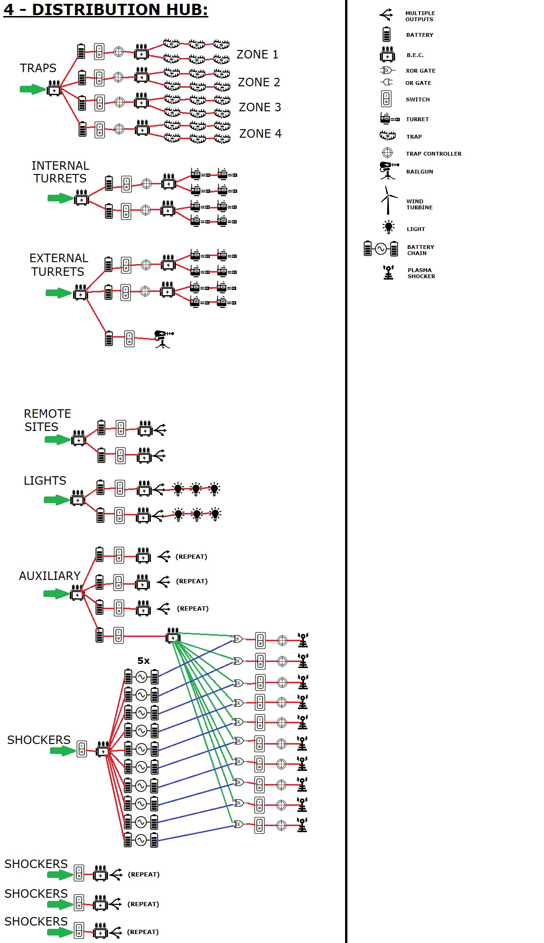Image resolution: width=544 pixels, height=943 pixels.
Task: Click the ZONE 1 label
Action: tap(257, 55)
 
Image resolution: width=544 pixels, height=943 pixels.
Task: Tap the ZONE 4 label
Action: tap(260, 134)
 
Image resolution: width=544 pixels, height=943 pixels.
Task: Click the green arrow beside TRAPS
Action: tap(33, 89)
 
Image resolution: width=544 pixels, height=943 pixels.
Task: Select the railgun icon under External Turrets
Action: tap(163, 339)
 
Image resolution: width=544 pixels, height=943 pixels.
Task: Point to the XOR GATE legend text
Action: tap(420, 71)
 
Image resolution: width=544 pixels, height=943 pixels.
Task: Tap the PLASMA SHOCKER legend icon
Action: tap(388, 273)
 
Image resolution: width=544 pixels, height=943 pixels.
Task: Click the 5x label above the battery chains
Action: tap(143, 661)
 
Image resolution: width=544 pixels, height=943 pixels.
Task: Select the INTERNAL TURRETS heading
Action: tap(60, 172)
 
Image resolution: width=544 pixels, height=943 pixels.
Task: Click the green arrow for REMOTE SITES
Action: tap(57, 440)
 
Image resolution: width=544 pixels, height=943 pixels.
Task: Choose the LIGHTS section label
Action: tap(45, 480)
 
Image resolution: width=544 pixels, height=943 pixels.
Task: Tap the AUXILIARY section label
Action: tap(49, 576)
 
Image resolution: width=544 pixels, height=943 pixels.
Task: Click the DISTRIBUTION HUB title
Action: tap(106, 9)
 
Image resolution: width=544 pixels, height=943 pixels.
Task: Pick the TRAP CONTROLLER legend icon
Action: tap(387, 153)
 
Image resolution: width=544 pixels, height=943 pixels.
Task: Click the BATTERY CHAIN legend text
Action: tap(420, 250)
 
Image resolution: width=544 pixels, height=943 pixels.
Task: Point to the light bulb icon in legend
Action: tap(388, 227)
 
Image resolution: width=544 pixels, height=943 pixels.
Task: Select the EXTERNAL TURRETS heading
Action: tap(58, 265)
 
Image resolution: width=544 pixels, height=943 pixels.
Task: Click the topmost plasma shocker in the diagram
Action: tap(303, 640)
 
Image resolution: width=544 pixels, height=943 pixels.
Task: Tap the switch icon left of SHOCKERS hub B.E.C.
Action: tap(82, 749)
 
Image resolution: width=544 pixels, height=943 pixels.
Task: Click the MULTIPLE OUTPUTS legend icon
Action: tap(386, 15)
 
